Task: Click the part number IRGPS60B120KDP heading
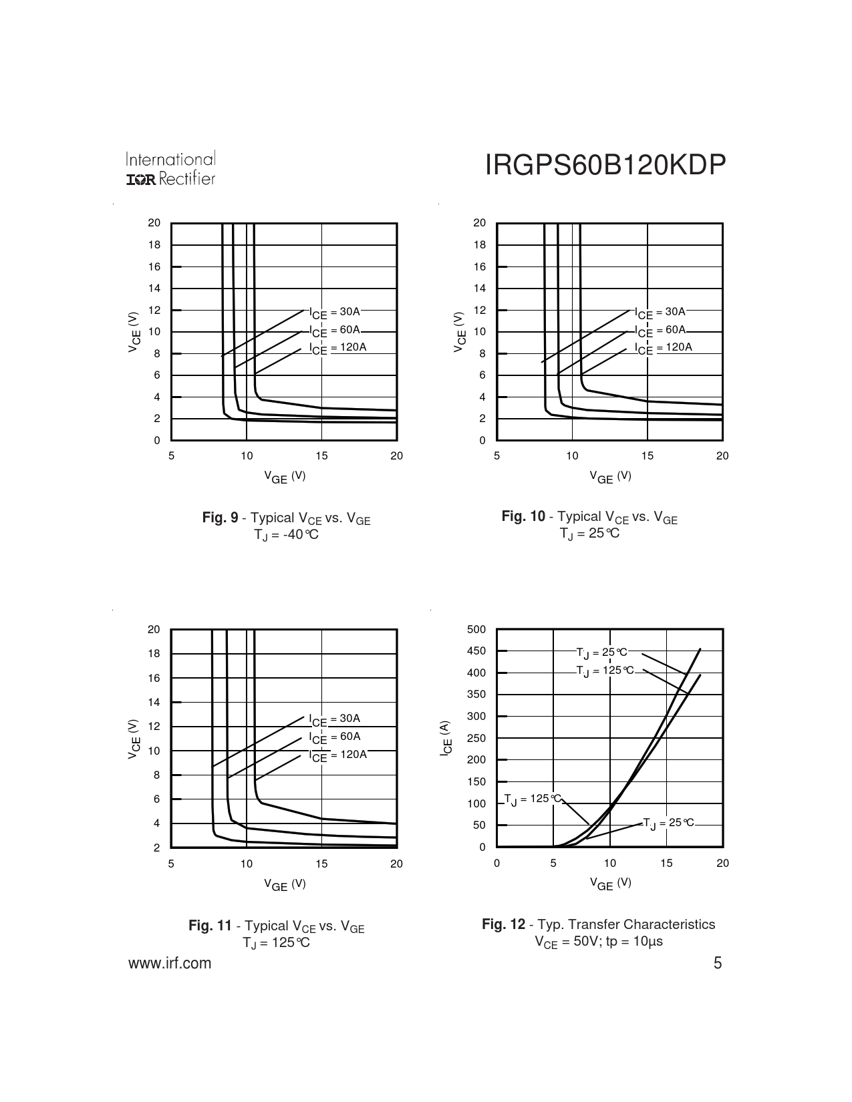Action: click(605, 166)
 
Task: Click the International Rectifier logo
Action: click(170, 169)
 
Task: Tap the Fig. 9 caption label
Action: click(220, 518)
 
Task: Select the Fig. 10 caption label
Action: click(523, 516)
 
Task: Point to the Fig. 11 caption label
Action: click(210, 926)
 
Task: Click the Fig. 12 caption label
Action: click(504, 924)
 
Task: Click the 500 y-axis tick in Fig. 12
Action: click(477, 629)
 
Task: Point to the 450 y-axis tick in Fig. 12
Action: click(477, 651)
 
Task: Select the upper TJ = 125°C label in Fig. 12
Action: click(605, 671)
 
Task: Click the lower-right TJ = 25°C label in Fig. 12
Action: click(668, 823)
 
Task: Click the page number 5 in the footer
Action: click(718, 963)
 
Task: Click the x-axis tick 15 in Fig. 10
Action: click(647, 455)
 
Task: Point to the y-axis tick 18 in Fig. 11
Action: click(154, 654)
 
